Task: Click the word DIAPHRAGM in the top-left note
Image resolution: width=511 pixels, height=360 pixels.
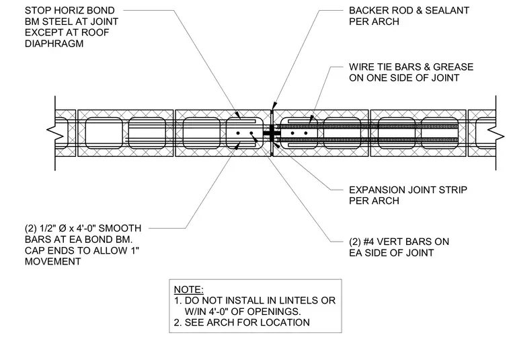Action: (x=54, y=44)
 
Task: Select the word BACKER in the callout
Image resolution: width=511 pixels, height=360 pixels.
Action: (x=365, y=11)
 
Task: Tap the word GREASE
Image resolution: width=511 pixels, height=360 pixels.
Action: (x=453, y=67)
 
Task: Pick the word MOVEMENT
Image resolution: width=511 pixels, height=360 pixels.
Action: (x=53, y=262)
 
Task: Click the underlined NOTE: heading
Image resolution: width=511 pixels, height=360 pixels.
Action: (x=189, y=289)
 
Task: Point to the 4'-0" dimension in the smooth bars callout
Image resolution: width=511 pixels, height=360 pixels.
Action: (x=84, y=228)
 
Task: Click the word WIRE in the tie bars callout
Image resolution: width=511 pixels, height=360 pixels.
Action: (x=360, y=67)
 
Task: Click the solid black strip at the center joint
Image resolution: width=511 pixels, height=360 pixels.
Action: (x=272, y=133)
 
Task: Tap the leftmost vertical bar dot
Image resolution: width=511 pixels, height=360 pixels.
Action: (x=238, y=133)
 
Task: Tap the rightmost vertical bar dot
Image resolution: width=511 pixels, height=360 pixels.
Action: (x=306, y=133)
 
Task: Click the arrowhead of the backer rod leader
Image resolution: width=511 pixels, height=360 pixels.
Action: (x=274, y=106)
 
